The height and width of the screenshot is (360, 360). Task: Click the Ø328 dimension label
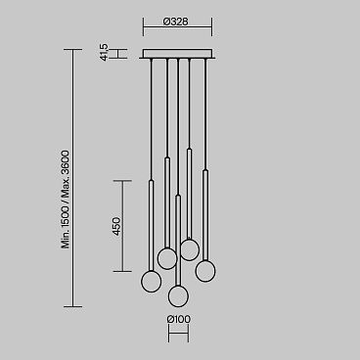point(176,22)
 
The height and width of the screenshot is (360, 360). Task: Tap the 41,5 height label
point(104,53)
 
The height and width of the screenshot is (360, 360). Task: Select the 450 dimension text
point(116,226)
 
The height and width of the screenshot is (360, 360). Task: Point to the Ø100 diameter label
point(178,319)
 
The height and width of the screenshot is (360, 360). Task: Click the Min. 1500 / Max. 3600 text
point(66,200)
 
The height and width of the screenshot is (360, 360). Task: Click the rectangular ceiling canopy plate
point(178,54)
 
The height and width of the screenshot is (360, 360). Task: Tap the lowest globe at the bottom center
point(178,296)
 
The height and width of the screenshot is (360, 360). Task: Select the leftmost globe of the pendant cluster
point(151,282)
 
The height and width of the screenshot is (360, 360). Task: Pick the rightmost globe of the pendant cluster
point(205,271)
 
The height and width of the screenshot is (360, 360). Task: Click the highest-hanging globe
point(190,250)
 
